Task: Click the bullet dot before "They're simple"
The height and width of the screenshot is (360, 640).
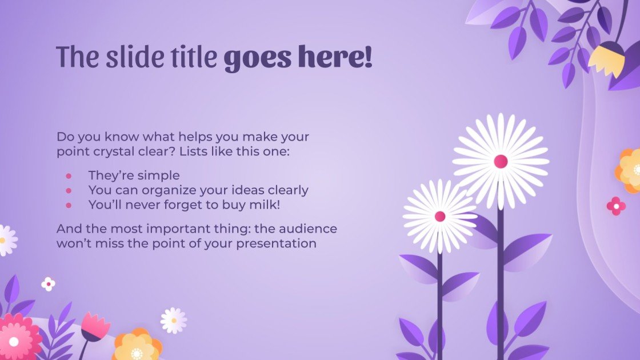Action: pos(69,175)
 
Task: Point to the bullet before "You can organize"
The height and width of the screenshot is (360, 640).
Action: pos(69,190)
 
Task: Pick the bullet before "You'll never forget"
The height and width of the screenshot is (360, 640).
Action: pos(69,204)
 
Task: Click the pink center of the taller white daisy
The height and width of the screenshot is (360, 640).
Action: pos(501,161)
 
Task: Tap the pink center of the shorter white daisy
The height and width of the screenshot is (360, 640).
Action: pos(439,216)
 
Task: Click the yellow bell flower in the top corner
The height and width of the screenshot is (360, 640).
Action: pos(606,59)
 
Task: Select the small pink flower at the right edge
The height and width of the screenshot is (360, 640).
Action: pos(616,206)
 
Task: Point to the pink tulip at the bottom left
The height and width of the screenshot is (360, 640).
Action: pos(94,326)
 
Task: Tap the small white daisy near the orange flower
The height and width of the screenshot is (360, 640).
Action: pos(173,321)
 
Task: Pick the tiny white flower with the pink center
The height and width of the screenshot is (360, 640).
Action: pos(49,283)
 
